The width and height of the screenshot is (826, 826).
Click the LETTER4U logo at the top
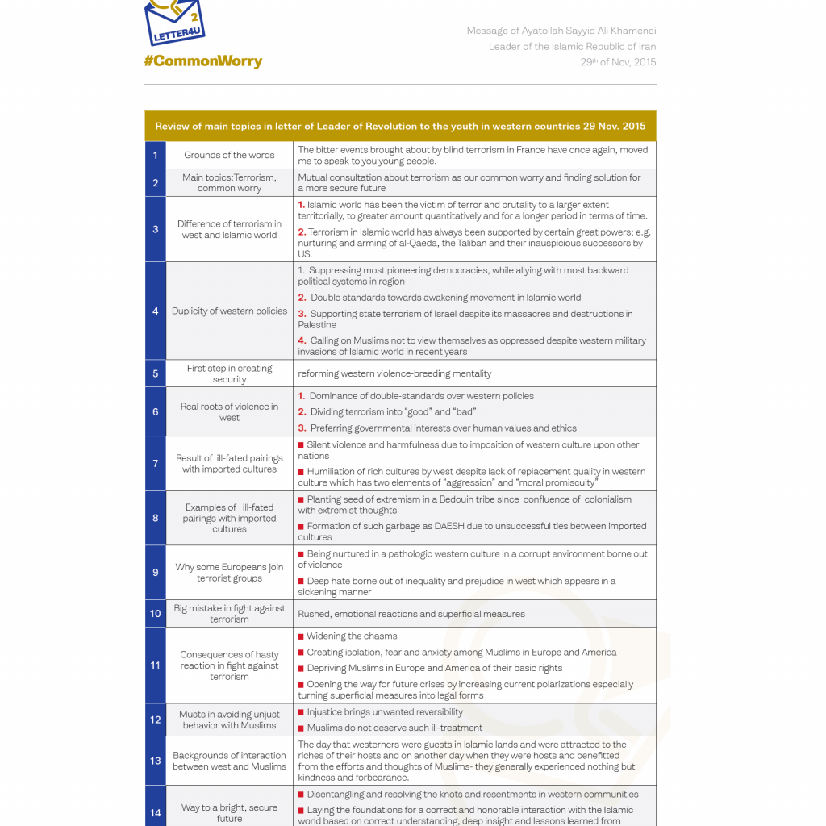point(175,23)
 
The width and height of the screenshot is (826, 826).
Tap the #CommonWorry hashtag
point(202,61)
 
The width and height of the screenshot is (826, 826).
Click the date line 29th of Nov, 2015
point(618,62)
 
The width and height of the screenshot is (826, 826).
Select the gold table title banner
point(400,126)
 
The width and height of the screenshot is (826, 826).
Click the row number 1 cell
point(155,155)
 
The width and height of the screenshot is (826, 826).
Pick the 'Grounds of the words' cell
point(229,155)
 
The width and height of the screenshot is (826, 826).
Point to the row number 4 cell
point(155,311)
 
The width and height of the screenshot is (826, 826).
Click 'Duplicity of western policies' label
point(229,311)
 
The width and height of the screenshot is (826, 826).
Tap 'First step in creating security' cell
point(229,373)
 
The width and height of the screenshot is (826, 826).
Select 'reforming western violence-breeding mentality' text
point(394,373)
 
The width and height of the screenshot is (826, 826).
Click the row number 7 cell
point(155,463)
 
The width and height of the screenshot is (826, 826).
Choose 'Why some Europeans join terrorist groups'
point(229,572)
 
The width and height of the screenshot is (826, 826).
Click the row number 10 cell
point(155,614)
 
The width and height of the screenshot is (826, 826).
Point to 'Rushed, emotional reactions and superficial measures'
point(411,614)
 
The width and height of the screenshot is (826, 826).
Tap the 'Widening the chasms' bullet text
point(352,636)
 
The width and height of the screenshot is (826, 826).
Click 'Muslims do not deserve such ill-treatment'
point(394,728)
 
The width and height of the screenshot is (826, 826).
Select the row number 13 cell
point(155,761)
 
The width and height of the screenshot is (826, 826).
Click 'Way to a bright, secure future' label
point(229,812)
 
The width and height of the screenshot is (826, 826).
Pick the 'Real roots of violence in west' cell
point(229,411)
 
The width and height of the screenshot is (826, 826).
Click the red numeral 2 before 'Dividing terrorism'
point(302,412)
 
